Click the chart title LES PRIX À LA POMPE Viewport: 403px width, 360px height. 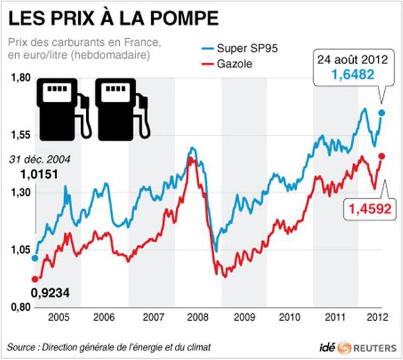[113, 18]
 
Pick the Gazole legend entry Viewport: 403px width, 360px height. [235, 64]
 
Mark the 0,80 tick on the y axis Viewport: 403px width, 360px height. [20, 307]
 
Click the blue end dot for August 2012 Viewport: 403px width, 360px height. [382, 113]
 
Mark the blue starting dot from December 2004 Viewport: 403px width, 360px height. [35, 257]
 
